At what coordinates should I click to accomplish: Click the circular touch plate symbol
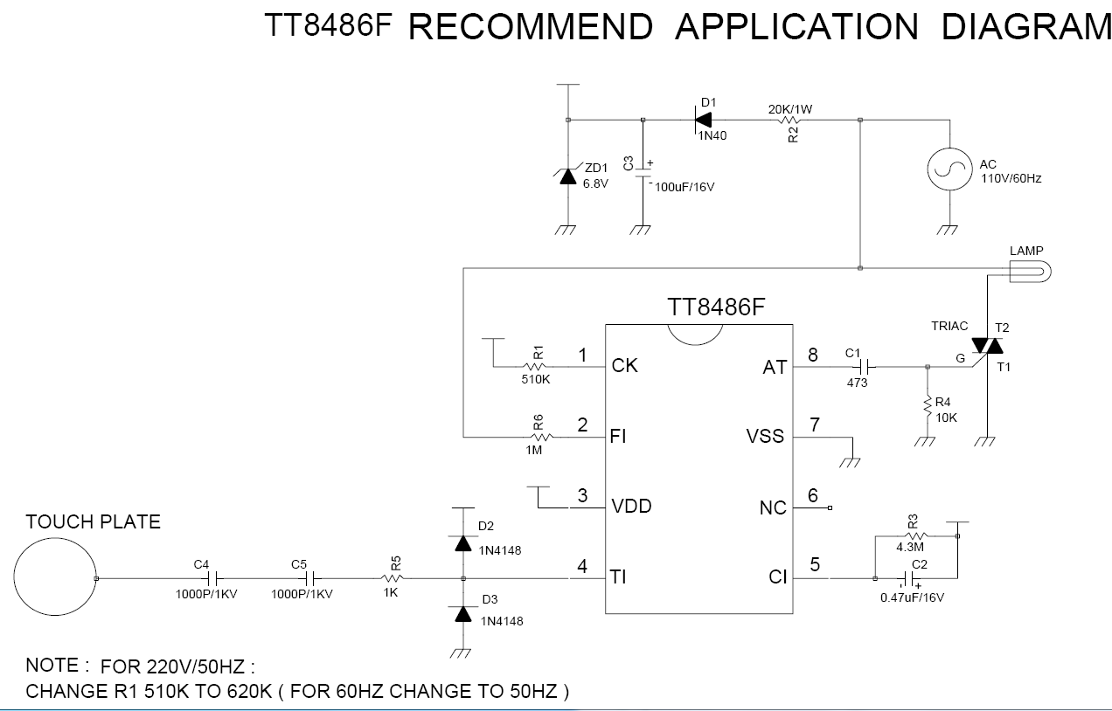click(54, 577)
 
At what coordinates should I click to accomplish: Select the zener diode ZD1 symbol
click(568, 176)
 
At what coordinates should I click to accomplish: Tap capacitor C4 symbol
click(210, 578)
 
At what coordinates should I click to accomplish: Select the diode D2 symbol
click(463, 542)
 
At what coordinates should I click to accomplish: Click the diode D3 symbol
click(463, 613)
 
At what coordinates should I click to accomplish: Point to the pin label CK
click(624, 365)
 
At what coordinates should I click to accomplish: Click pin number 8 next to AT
click(813, 355)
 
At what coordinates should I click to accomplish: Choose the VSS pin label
click(765, 436)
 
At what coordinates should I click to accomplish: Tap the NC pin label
click(773, 507)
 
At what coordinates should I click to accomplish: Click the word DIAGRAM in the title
click(1025, 27)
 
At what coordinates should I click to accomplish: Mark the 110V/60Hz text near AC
click(1011, 178)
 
